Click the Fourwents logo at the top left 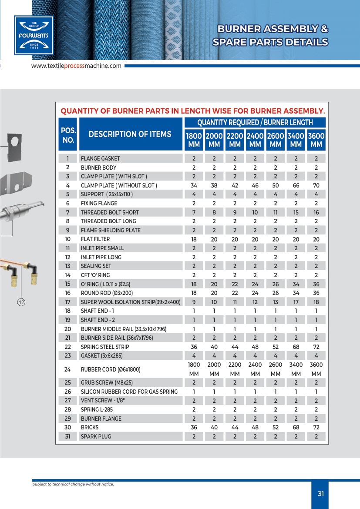click(x=34, y=35)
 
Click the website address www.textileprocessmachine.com click(x=76, y=66)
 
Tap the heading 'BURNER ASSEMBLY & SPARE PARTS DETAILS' click(x=270, y=36)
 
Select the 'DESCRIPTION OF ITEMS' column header click(x=130, y=134)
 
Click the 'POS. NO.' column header click(x=68, y=135)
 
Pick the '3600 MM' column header click(x=316, y=140)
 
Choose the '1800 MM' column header click(x=194, y=140)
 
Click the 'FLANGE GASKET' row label click(x=100, y=158)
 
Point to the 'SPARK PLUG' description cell click(x=96, y=436)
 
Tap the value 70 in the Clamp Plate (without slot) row click(x=316, y=185)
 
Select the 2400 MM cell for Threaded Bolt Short click(x=255, y=212)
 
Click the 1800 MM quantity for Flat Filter click(x=194, y=239)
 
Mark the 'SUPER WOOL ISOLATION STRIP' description click(x=131, y=302)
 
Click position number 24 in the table click(x=68, y=370)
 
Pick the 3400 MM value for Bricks click(x=296, y=427)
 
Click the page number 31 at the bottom click(x=321, y=494)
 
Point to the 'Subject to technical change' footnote click(x=73, y=484)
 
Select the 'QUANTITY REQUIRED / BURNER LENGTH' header click(x=255, y=123)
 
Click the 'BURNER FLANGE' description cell click(x=101, y=419)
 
